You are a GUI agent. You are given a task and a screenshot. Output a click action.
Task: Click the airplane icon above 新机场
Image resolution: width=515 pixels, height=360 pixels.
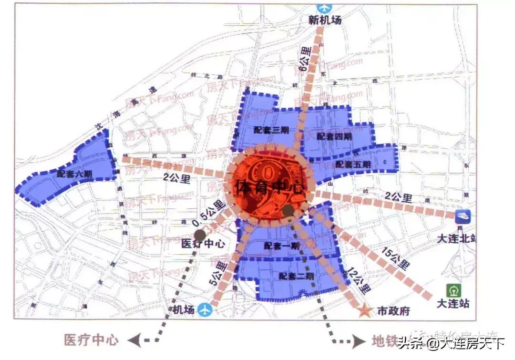coord(323,8)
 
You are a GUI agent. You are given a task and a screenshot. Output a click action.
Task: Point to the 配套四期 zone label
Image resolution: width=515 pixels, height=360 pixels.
coord(334,137)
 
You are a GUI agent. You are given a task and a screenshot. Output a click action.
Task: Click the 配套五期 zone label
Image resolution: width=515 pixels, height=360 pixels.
coord(353,165)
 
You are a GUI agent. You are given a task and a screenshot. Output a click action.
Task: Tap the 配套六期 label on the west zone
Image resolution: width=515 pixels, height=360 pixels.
coord(74,175)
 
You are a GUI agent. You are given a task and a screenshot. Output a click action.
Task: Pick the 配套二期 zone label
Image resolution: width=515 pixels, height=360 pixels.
coord(297,276)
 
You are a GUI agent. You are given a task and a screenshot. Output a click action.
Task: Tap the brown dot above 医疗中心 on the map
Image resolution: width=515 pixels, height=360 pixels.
coord(200,234)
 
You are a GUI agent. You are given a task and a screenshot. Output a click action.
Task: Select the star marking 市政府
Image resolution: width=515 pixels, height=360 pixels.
coord(366,310)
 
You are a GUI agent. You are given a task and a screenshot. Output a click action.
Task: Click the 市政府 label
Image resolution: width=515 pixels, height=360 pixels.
coord(393,311)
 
